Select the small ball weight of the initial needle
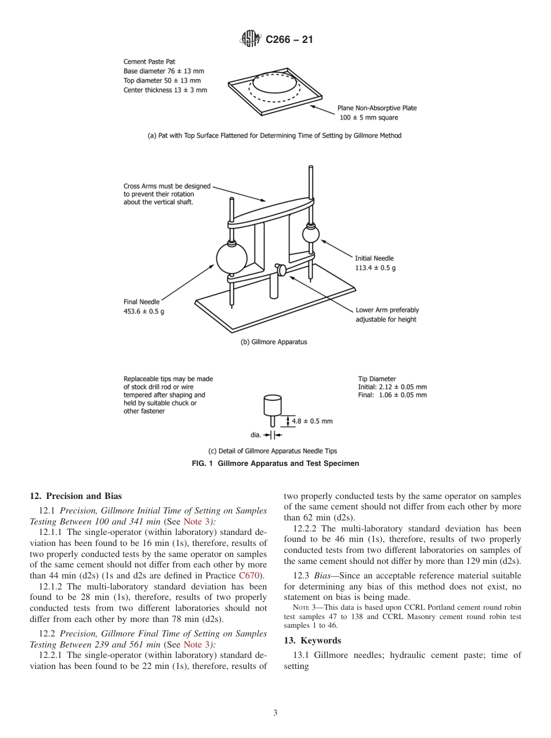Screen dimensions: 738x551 [310, 234]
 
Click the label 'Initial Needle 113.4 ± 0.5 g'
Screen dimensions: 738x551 [375, 263]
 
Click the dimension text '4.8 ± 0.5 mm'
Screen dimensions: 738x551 [312, 421]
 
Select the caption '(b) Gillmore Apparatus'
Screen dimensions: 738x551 [274, 342]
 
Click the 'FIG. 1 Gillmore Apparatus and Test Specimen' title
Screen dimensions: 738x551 [275, 463]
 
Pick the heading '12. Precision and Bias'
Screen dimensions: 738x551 [75, 496]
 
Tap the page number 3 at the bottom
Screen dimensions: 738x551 [275, 713]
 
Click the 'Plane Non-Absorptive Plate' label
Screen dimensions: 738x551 [377, 108]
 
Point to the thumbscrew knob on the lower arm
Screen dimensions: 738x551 [281, 270]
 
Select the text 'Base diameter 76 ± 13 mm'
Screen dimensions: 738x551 [164, 71]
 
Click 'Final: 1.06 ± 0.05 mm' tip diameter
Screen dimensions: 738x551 [392, 395]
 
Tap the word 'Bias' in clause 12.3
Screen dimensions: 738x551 [325, 576]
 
